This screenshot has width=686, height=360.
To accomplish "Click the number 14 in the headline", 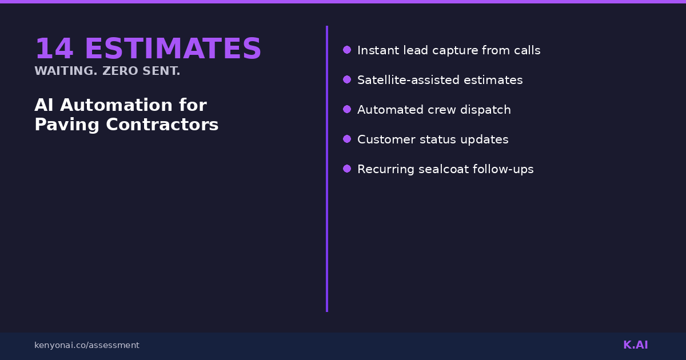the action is (x=54, y=48).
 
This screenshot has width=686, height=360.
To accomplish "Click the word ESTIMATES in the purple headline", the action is (x=173, y=48).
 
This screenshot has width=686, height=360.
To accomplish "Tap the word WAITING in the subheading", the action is (x=66, y=71).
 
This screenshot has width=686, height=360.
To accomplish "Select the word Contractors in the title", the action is (x=162, y=125).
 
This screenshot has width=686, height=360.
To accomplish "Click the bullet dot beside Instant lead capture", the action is (x=347, y=50).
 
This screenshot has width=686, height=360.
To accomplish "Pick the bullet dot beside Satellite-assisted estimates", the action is (x=347, y=79).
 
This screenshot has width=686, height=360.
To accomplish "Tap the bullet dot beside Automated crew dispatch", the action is (x=347, y=109).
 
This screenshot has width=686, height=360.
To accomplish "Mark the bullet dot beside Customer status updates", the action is (x=347, y=139).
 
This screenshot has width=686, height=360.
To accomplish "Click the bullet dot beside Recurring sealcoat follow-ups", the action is (x=347, y=169).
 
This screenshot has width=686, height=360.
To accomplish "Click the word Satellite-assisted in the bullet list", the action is (x=408, y=80).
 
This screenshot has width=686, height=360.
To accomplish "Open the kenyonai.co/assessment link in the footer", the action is (x=87, y=345).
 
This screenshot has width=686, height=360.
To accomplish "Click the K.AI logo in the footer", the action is (x=636, y=345).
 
